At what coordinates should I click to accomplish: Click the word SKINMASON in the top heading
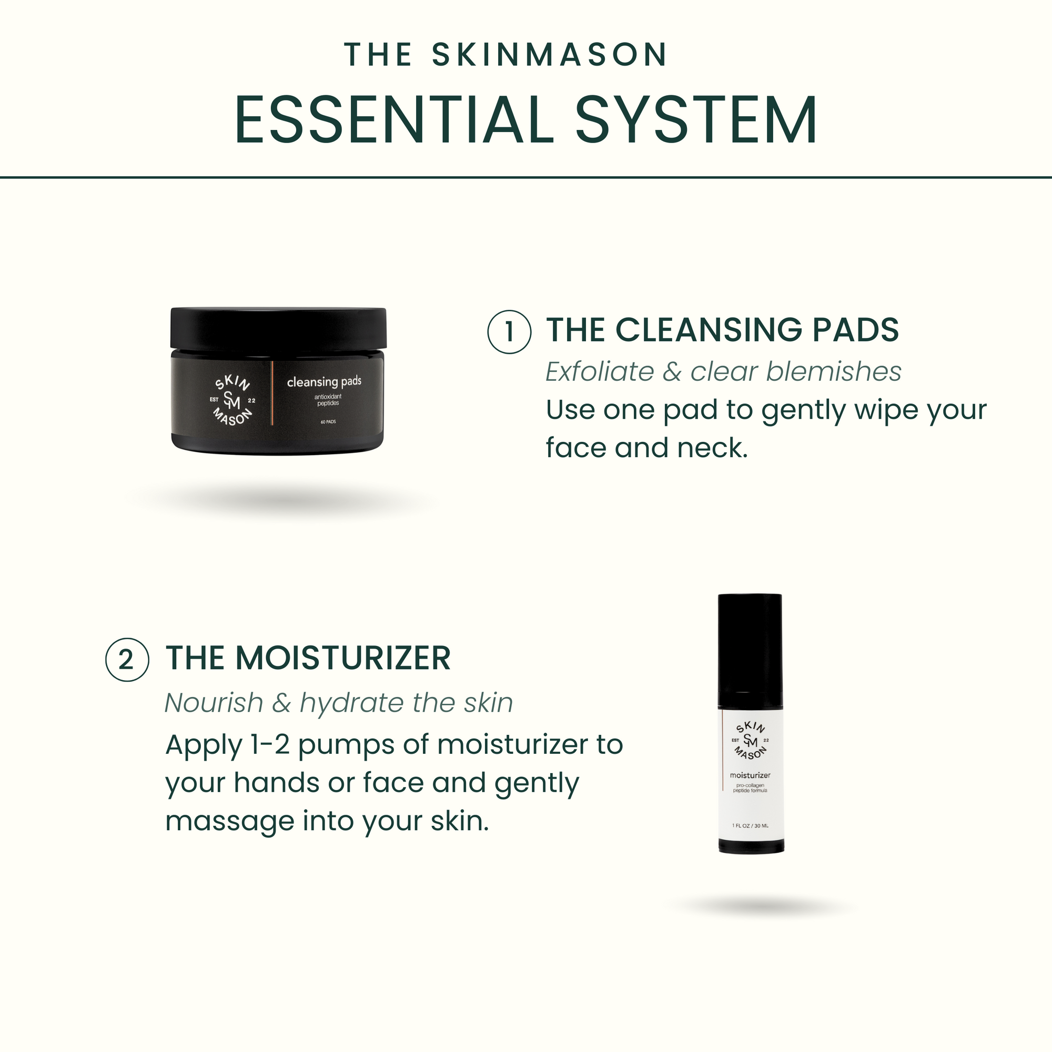coord(550,55)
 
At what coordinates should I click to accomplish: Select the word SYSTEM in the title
coord(696,120)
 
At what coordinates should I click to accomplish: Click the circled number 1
coord(509,331)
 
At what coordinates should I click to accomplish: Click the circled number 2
coord(127,660)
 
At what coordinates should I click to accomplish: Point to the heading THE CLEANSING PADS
coord(722,330)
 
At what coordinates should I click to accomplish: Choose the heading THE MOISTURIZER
coord(308,658)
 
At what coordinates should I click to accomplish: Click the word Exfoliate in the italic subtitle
coord(600,372)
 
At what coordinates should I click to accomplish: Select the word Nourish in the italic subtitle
coord(214,703)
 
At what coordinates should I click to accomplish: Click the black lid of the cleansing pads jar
coord(278,328)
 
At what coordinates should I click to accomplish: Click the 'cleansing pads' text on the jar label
coord(324,382)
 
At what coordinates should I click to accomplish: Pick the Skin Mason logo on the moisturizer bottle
coord(751,741)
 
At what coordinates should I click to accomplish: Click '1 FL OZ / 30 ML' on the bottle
coord(751,826)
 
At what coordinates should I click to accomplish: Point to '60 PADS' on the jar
coord(328,422)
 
